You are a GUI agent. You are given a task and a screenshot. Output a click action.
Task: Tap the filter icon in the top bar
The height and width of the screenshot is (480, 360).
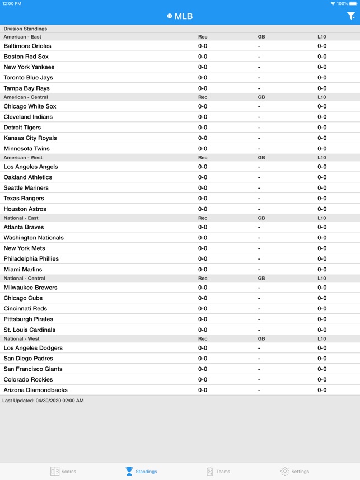[x=350, y=16]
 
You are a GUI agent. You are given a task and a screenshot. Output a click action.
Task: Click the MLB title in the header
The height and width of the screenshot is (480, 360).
[x=180, y=16]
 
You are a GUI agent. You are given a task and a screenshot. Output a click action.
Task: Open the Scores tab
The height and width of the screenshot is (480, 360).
[x=63, y=471]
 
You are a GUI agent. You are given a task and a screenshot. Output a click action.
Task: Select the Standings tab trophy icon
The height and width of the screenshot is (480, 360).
[x=129, y=471]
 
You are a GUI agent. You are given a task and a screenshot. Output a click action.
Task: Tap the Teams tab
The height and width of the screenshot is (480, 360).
[x=218, y=471]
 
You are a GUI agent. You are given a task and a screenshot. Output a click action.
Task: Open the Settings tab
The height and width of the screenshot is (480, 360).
[x=294, y=471]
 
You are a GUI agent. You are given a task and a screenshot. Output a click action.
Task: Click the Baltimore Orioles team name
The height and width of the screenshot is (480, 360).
[x=27, y=46]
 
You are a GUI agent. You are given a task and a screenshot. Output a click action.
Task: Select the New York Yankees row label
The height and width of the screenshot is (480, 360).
[x=29, y=67]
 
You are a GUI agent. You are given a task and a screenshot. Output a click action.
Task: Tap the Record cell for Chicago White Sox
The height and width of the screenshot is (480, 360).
[x=203, y=106]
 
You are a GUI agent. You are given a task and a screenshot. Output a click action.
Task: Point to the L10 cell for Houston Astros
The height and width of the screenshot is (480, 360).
[x=322, y=209]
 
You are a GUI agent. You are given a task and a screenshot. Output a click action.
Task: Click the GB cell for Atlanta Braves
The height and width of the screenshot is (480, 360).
[x=259, y=227]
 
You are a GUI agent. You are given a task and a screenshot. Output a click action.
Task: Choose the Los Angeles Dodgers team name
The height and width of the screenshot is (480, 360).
[x=33, y=348]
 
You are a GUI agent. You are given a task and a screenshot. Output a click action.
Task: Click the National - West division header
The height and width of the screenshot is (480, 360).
[x=22, y=338]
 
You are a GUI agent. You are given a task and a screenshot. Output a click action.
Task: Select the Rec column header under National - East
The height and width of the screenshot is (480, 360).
[x=203, y=218]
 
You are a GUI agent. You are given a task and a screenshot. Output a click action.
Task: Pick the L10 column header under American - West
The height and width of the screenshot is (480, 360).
[x=322, y=158]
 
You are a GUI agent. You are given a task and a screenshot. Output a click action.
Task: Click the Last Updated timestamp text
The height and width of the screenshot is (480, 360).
[x=43, y=401]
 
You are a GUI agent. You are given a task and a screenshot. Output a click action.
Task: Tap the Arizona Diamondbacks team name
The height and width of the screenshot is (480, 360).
[x=35, y=390]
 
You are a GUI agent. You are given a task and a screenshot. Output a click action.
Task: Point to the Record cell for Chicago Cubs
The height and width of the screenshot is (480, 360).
[x=203, y=298]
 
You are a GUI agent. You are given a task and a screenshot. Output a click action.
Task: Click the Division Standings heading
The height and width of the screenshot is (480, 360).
[x=25, y=29]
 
